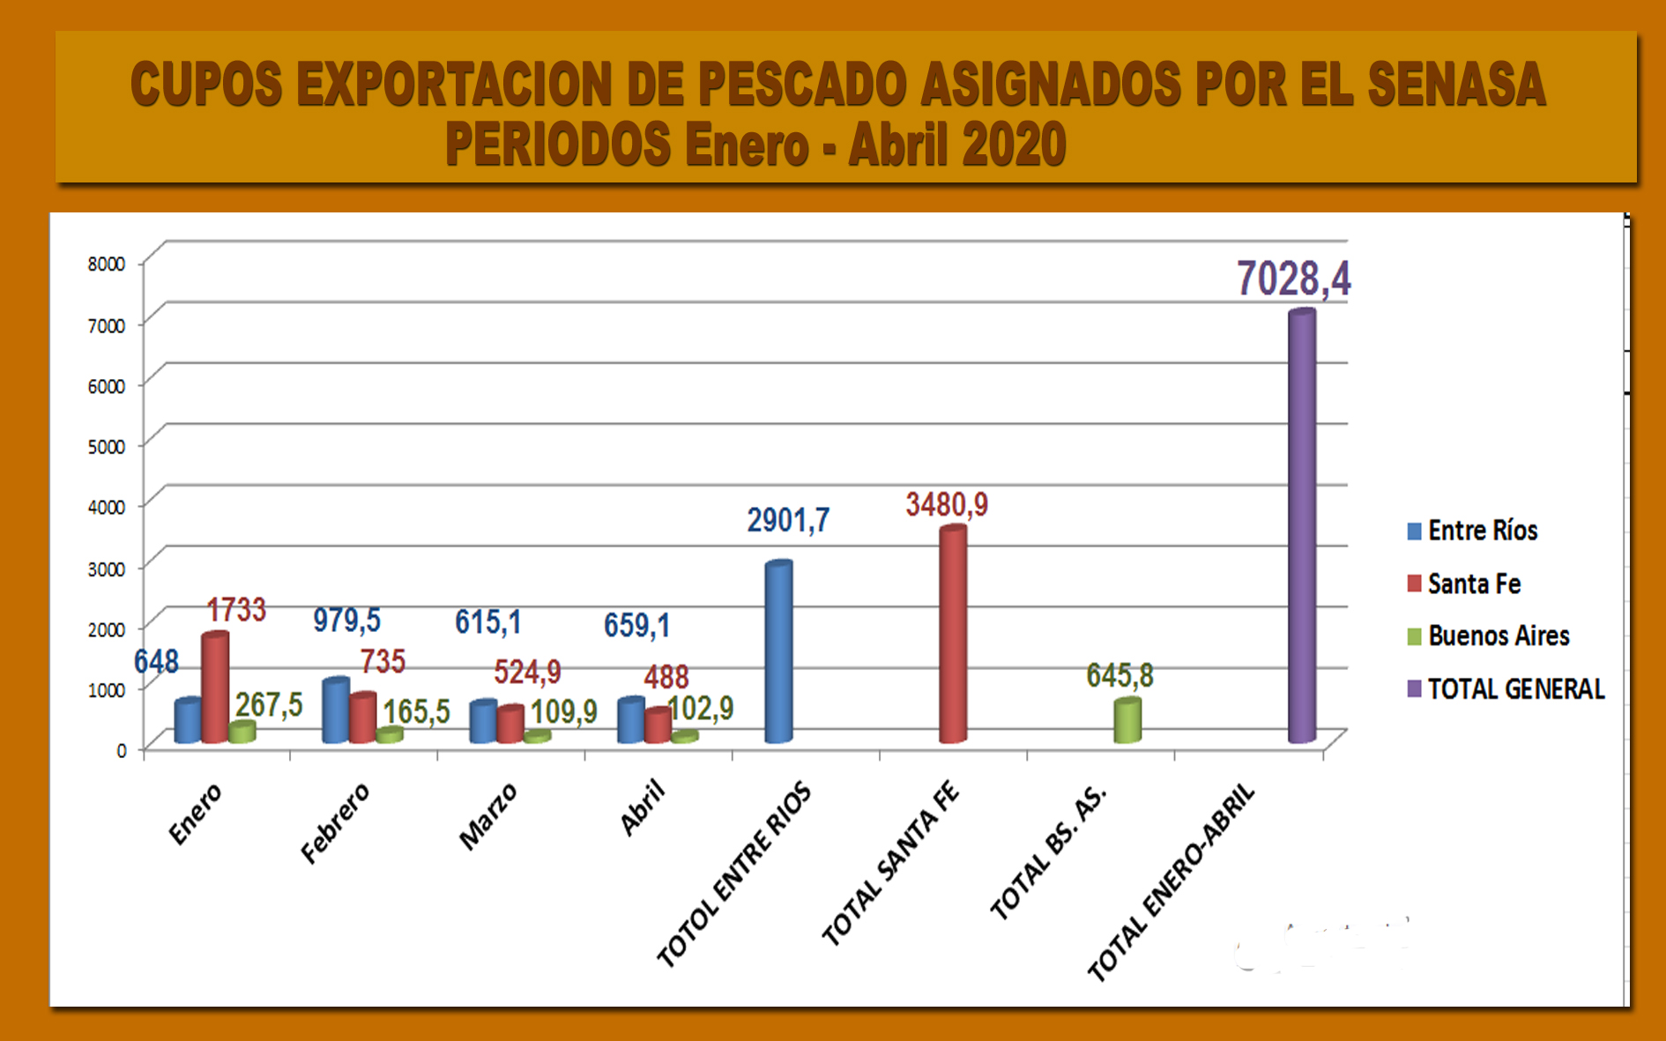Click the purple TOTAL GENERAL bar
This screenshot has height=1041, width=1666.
(x=1302, y=529)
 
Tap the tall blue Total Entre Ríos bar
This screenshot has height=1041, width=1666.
(x=778, y=652)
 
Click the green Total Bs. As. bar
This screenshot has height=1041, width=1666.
(x=1127, y=721)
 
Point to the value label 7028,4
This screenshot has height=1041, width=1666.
(x=1293, y=279)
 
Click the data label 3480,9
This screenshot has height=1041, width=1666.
(x=947, y=505)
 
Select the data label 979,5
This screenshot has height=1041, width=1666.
(x=346, y=621)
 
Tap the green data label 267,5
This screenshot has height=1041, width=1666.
(x=269, y=705)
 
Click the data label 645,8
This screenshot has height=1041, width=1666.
(x=1119, y=676)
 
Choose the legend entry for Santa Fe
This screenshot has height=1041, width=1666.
(x=1473, y=584)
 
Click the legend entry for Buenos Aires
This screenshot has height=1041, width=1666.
(x=1498, y=636)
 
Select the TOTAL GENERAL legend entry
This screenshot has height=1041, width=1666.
(x=1514, y=688)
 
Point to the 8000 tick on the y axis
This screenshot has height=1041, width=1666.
(x=107, y=264)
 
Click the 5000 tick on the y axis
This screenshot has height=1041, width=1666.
(x=107, y=446)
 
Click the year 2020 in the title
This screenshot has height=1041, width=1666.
(x=1014, y=145)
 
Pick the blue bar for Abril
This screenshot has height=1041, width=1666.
(x=630, y=721)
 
